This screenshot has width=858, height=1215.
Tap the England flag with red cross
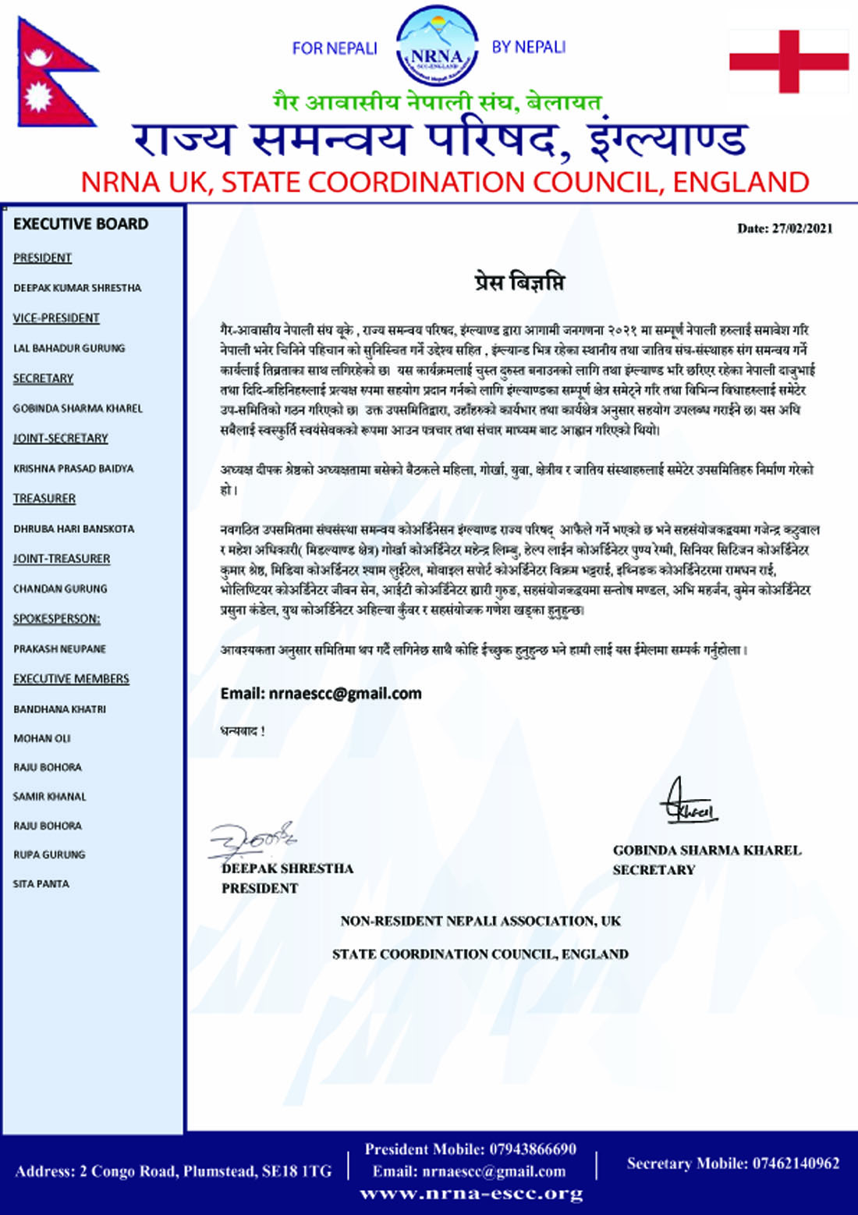789,61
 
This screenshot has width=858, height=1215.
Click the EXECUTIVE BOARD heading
80,224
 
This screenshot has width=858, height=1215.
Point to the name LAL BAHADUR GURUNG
69,348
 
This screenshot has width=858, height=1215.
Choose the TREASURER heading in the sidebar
44,499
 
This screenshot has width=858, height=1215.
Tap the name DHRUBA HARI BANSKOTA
73,529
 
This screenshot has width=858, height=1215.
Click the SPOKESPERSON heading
56,619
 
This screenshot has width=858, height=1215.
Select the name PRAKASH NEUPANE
59,649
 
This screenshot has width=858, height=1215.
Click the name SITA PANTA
41,884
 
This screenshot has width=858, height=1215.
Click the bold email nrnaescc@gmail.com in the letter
345,693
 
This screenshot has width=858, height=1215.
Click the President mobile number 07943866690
533,1149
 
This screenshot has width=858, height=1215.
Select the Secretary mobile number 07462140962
796,1163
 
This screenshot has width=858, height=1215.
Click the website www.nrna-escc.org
471,1194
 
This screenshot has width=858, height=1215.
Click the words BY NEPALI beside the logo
528,48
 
